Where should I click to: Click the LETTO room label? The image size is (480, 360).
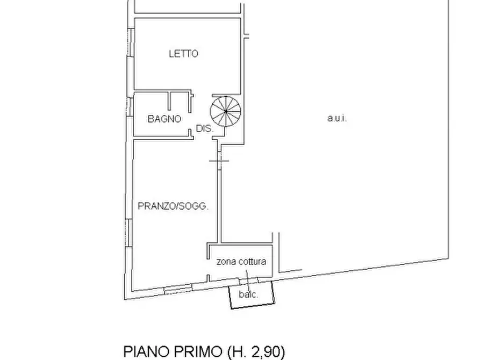(x=183, y=53)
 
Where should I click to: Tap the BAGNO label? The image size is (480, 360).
(x=164, y=119)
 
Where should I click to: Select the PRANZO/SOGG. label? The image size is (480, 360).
(x=173, y=206)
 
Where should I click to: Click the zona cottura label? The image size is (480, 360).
(x=241, y=262)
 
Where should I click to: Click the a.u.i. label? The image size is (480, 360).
(x=337, y=119)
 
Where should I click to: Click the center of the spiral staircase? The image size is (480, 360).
(x=226, y=112)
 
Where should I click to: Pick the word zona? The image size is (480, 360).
(x=225, y=262)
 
